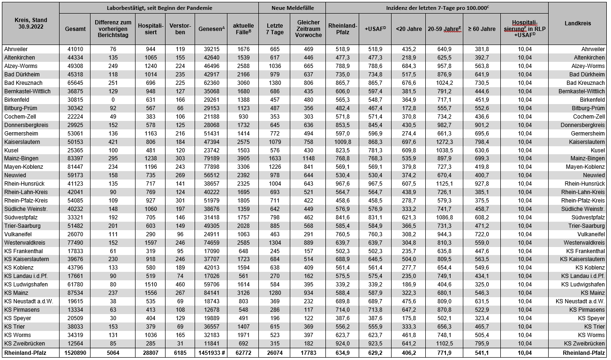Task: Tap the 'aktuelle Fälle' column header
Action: (243, 29)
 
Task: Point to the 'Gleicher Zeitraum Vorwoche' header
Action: (308, 29)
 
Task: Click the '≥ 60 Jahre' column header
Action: (481, 29)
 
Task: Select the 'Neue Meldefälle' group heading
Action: (292, 8)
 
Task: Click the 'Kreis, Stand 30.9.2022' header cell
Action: (30, 23)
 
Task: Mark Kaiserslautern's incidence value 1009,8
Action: (342, 142)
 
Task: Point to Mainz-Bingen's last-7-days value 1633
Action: (275, 158)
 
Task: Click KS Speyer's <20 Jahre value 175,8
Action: (406, 318)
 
